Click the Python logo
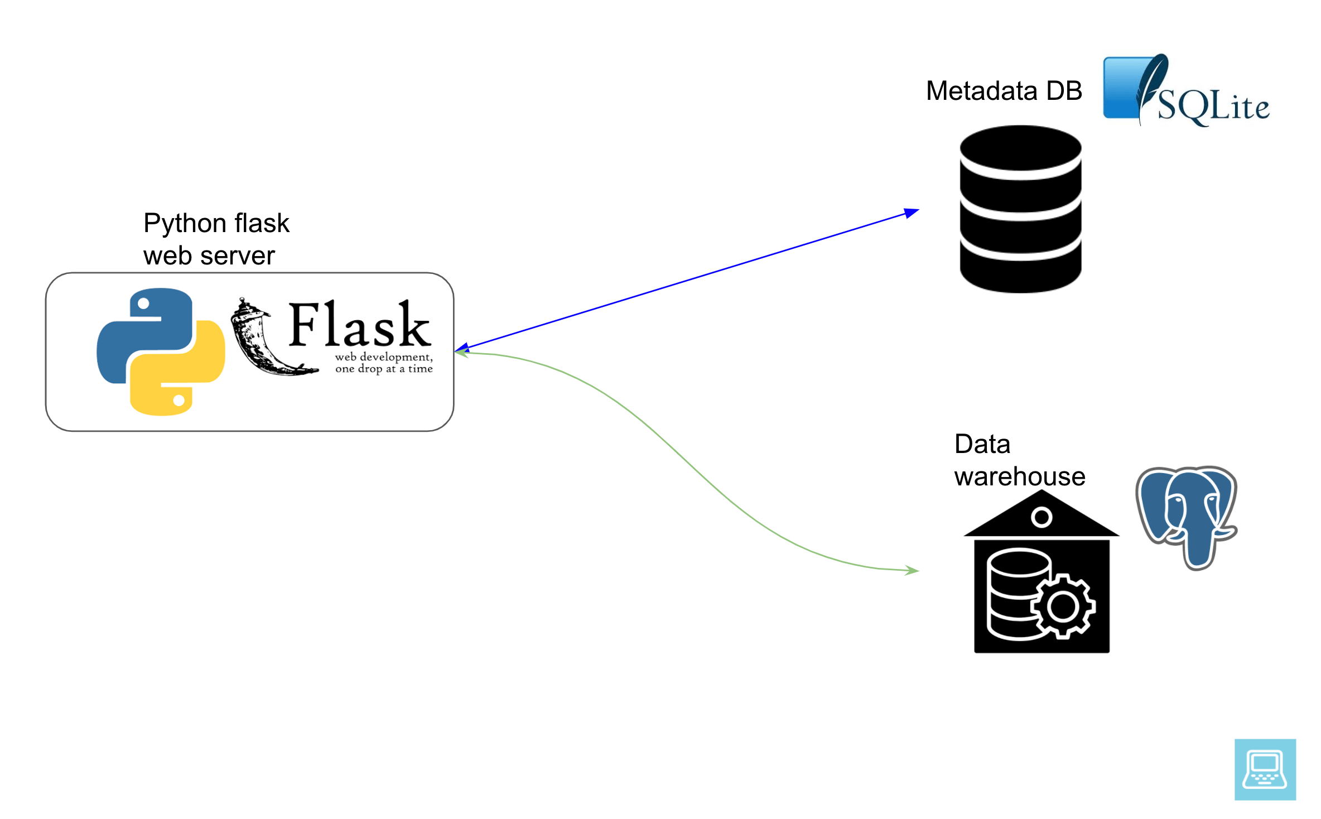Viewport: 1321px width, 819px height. [x=161, y=351]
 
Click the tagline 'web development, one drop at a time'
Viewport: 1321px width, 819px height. [x=384, y=363]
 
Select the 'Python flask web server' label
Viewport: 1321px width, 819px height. [x=216, y=239]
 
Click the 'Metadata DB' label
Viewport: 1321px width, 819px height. [x=1004, y=91]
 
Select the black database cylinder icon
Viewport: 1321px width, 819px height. [x=1020, y=209]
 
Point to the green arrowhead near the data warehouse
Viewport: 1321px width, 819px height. [x=912, y=570]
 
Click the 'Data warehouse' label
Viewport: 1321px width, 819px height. [x=1019, y=460]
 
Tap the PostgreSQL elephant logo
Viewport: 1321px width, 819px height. [x=1187, y=516]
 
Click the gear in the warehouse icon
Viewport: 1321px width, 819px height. [x=1063, y=606]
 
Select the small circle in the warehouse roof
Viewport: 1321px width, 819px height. [x=1042, y=517]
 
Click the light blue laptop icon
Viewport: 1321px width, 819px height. [x=1265, y=769]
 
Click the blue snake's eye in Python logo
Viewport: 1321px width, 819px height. [x=143, y=303]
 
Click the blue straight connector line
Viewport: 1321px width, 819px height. [x=686, y=282]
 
